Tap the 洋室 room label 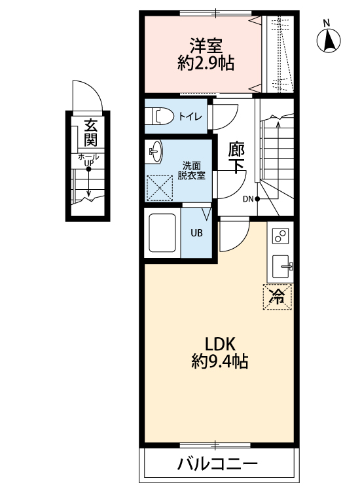206,46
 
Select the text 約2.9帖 206,64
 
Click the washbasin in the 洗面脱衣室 154,153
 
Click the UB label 196,232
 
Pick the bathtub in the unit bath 163,233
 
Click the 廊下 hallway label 236,157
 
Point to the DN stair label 248,199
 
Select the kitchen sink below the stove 281,266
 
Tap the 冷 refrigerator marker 278,296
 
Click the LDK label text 215,344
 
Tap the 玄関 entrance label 90,131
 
